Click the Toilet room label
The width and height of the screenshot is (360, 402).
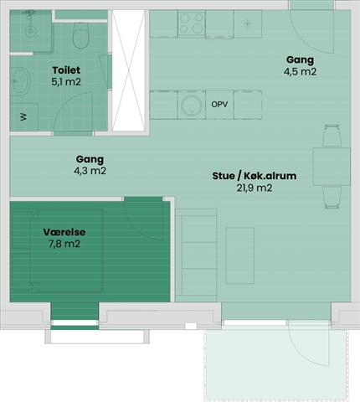click(66, 70)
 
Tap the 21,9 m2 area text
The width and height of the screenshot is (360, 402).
click(255, 188)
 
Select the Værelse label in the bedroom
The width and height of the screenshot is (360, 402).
click(64, 232)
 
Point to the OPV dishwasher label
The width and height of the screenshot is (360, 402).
click(219, 105)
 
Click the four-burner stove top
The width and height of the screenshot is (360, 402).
click(192, 23)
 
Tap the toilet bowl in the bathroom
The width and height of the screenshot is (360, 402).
click(81, 35)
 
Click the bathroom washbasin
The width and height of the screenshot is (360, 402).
click(20, 81)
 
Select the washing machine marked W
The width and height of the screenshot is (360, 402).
click(23, 117)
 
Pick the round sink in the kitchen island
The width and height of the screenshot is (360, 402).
click(192, 106)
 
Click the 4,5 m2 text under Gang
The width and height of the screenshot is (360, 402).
click(300, 72)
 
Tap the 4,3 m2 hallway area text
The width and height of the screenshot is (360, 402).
click(90, 171)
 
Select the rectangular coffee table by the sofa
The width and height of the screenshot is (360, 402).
click(240, 255)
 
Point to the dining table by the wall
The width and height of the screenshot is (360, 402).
click(332, 167)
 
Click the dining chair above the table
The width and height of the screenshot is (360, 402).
click(332, 136)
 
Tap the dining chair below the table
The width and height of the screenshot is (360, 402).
click(332, 198)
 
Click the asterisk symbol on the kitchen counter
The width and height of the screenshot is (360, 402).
click(247, 24)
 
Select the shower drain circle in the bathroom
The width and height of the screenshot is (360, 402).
click(30, 31)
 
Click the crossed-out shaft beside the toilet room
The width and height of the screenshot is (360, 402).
click(129, 70)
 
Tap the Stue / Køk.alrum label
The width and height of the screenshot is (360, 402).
click(255, 176)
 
